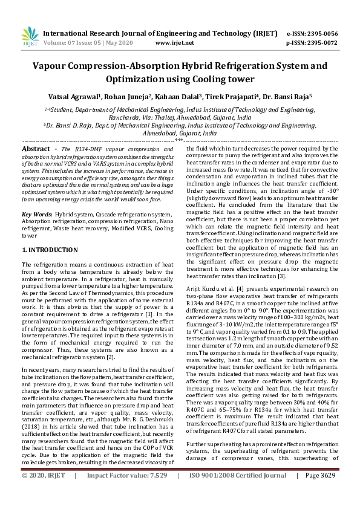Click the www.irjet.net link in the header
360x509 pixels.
click(175, 44)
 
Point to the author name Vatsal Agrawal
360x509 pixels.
click(73, 96)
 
